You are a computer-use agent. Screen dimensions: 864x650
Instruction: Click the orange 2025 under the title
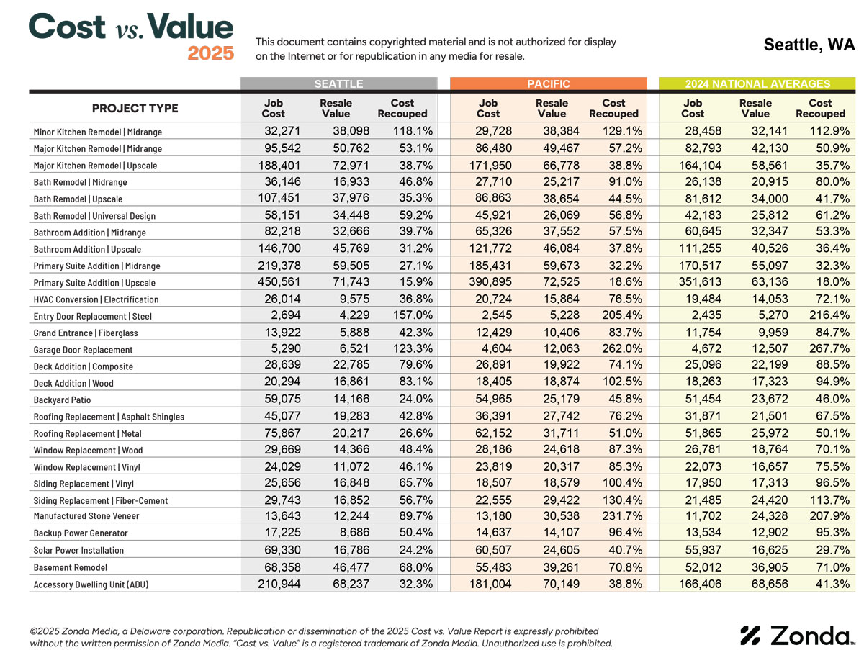210,53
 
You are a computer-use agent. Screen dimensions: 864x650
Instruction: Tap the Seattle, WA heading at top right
809,45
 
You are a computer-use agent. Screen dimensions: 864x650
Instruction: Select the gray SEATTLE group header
338,83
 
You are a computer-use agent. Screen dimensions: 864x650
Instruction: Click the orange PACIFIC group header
549,83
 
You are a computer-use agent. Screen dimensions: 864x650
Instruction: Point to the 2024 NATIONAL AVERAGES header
757,83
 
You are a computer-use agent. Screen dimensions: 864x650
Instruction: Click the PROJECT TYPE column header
135,108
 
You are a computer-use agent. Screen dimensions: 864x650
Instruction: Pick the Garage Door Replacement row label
83,350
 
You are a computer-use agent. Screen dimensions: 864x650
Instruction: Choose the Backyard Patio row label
62,400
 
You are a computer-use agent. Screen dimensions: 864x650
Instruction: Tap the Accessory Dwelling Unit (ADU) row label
91,584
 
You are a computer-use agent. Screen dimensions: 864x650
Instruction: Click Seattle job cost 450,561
279,281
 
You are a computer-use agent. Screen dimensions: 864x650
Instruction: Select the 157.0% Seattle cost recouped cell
413,315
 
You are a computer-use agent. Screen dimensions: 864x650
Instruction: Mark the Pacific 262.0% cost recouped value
622,348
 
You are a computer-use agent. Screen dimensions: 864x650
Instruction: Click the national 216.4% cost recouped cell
829,315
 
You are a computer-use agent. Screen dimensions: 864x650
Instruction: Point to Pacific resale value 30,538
562,515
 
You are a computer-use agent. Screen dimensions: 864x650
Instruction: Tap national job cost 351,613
700,281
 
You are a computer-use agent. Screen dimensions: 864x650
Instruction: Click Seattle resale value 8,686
355,532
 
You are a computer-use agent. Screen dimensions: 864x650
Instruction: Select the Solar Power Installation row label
78,550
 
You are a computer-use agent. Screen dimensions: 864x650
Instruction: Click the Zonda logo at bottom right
798,636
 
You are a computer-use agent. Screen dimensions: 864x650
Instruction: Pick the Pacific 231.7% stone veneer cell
622,515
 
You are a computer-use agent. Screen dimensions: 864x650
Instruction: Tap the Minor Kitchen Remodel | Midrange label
98,132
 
